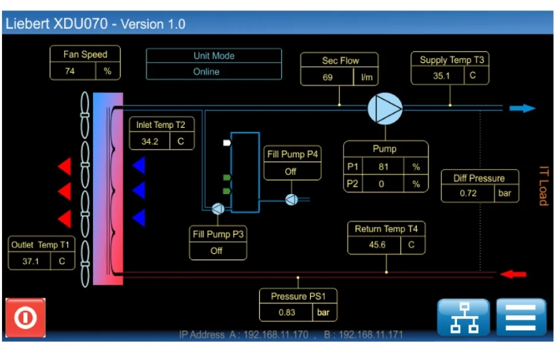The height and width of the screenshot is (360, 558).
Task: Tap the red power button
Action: pyautogui.click(x=26, y=317)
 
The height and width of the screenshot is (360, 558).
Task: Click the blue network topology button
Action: pyautogui.click(x=464, y=317)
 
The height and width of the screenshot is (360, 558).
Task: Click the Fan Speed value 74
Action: pyautogui.click(x=70, y=71)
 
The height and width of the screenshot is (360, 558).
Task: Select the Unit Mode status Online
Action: pyautogui.click(x=206, y=72)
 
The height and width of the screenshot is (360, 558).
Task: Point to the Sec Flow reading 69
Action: pyautogui.click(x=327, y=77)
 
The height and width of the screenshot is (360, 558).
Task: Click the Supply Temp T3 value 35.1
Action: pyautogui.click(x=441, y=76)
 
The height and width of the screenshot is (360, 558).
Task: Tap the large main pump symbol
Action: pyautogui.click(x=385, y=109)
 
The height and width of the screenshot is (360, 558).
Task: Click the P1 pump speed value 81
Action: pyautogui.click(x=384, y=167)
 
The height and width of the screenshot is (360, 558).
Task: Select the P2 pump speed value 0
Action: pyautogui.click(x=381, y=184)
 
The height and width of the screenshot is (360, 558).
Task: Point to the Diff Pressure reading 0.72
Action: pyautogui.click(x=468, y=193)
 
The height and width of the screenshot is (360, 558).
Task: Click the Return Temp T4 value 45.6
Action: pyautogui.click(x=377, y=245)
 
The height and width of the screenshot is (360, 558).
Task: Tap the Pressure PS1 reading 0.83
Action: pyautogui.click(x=287, y=312)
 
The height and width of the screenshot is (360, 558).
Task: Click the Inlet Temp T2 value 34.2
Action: pyautogui.click(x=149, y=142)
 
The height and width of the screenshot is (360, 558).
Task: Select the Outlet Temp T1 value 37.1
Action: pyautogui.click(x=31, y=262)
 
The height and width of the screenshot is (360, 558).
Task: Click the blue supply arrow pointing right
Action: pyautogui.click(x=522, y=108)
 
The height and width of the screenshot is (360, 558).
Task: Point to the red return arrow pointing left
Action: pyautogui.click(x=513, y=274)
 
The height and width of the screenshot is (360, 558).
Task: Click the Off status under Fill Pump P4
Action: pyautogui.click(x=290, y=172)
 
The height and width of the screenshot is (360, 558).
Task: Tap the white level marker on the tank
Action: pyautogui.click(x=227, y=143)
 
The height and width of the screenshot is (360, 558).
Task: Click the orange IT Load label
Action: pyautogui.click(x=544, y=186)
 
